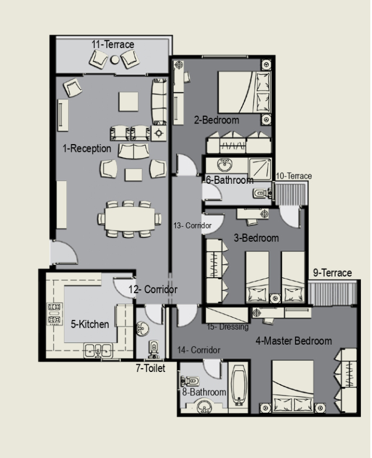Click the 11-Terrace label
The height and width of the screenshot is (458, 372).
coord(113,44)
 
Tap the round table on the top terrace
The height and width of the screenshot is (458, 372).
coord(115,60)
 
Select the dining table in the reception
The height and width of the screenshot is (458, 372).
coord(130,218)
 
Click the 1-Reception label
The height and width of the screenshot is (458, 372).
coord(87,149)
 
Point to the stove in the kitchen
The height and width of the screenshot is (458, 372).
coord(55,314)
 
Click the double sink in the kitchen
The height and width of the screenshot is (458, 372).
coord(98,350)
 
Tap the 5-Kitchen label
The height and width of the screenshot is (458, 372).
coord(90,324)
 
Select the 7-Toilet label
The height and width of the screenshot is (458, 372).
coord(150,368)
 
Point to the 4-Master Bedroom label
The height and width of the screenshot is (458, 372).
coord(294,341)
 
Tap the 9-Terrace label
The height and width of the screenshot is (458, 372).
coord(332,273)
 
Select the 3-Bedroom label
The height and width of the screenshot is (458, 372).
coord(256,238)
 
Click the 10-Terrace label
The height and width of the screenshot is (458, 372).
coord(294,176)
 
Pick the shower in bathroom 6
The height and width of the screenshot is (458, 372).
coord(260,169)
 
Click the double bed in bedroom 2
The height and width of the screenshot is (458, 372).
coord(245,92)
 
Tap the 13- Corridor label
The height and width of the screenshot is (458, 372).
coord(192,226)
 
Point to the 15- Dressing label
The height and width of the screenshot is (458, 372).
coord(227,327)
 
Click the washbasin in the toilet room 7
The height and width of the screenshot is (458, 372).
coord(142,328)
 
